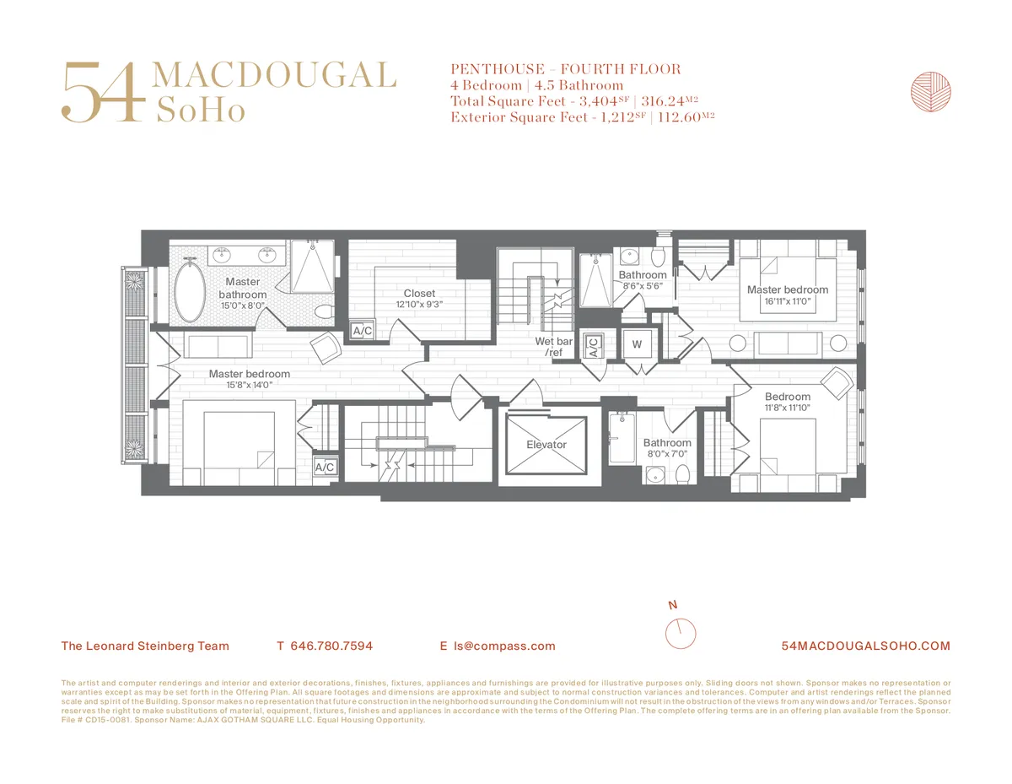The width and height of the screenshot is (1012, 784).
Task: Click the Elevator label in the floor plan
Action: click(x=546, y=445)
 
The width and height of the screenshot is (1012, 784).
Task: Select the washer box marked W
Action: click(x=637, y=344)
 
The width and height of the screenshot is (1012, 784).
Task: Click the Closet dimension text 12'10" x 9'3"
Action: click(x=419, y=305)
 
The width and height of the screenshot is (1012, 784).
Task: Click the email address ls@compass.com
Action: click(x=504, y=646)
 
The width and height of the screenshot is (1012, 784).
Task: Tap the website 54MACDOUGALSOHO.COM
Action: click(x=866, y=646)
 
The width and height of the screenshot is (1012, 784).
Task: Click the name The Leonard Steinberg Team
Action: click(x=145, y=646)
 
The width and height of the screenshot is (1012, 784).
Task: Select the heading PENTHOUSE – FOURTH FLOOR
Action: click(x=566, y=69)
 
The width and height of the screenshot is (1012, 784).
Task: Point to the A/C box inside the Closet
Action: click(x=362, y=331)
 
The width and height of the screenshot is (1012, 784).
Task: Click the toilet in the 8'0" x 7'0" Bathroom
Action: click(x=682, y=473)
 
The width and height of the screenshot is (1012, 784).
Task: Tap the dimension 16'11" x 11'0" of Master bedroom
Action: click(x=788, y=300)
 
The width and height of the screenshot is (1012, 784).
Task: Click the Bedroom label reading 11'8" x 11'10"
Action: click(x=788, y=408)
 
